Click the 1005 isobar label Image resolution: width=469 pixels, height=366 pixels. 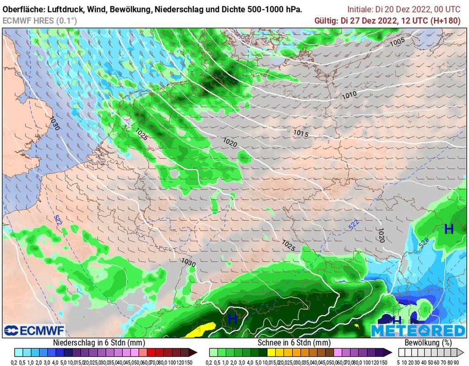pyautogui.click(x=398, y=42)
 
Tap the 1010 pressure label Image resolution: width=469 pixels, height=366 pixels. pyautogui.click(x=349, y=95)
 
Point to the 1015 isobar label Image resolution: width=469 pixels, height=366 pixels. pyautogui.click(x=300, y=133)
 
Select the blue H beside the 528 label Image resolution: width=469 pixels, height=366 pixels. pyautogui.click(x=449, y=229)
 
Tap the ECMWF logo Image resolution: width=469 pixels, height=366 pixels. pyautogui.click(x=34, y=330)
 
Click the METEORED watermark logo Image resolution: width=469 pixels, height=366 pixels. pyautogui.click(x=418, y=330)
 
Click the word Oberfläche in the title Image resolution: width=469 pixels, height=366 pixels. pyautogui.click(x=23, y=9)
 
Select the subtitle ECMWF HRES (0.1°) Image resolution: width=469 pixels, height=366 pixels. pyautogui.click(x=40, y=21)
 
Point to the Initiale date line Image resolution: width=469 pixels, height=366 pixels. pyautogui.click(x=404, y=9)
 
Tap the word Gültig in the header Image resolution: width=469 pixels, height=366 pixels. pyautogui.click(x=326, y=21)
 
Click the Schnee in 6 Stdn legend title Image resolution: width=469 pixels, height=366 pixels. pyautogui.click(x=294, y=343)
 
